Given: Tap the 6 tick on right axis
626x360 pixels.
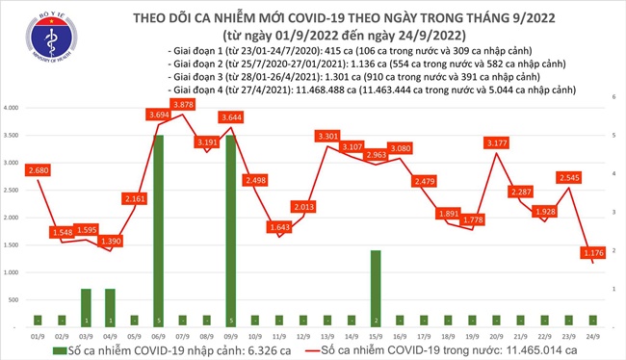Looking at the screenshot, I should click(613, 98).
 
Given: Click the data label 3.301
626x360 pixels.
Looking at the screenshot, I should click(327, 138).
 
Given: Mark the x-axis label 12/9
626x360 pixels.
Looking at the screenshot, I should click(304, 336).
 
